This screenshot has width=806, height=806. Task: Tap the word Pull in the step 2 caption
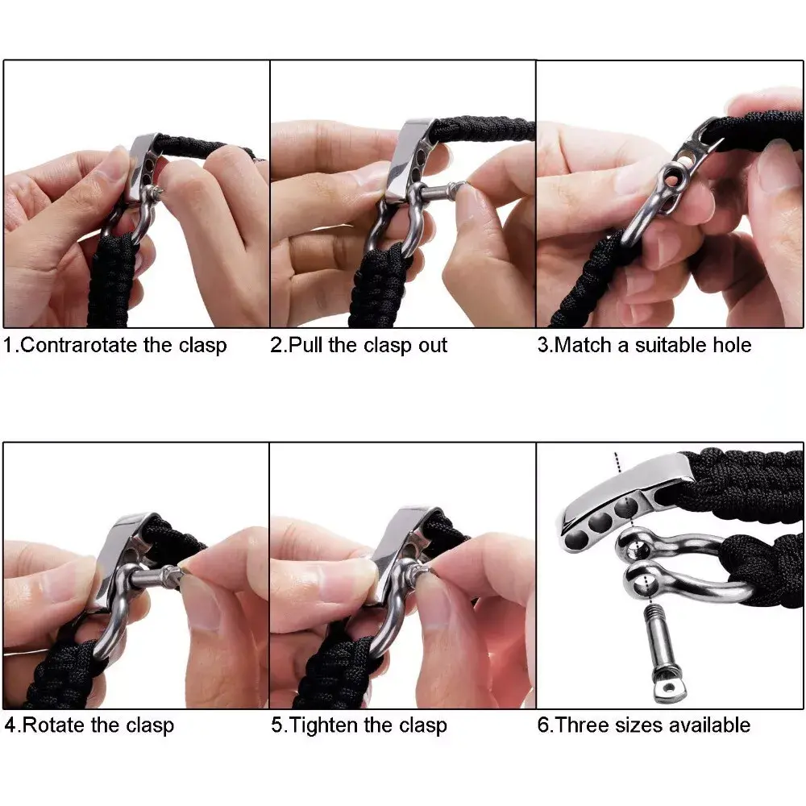307,346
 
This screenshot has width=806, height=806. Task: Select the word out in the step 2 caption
431,346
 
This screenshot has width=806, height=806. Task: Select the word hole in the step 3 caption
733,346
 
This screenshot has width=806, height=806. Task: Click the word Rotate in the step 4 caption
54,725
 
